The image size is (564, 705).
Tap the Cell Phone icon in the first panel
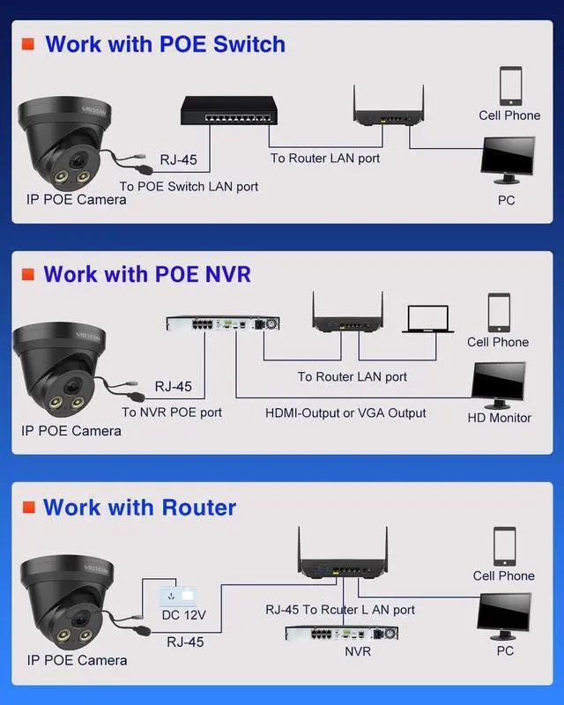point(510,85)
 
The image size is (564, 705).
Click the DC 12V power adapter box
point(177,593)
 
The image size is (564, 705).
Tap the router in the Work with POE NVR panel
point(347,317)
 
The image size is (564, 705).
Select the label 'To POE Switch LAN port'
point(189,187)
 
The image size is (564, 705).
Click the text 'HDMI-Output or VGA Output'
point(345,412)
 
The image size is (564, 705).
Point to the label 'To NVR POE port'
point(172,412)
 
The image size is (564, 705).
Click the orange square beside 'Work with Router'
point(28,508)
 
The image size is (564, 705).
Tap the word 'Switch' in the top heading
point(242,44)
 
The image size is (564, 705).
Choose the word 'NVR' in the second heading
point(227,274)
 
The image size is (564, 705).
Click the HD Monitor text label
point(499,418)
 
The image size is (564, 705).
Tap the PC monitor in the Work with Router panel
point(504,613)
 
